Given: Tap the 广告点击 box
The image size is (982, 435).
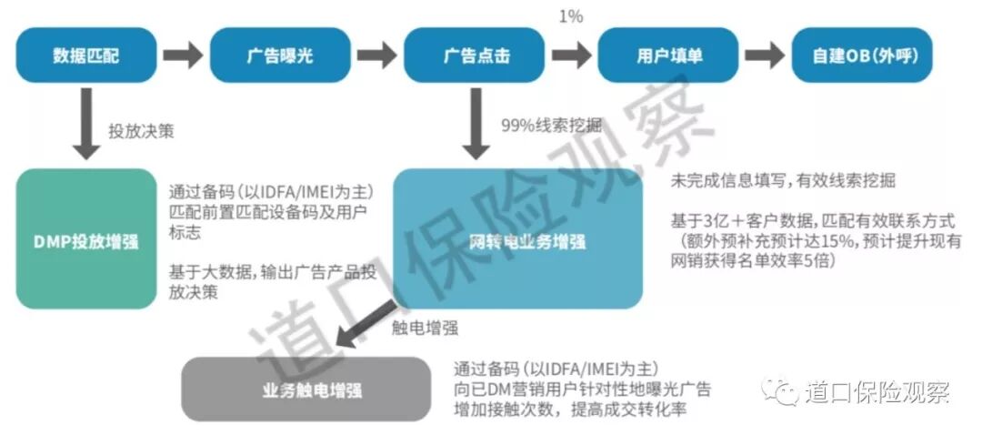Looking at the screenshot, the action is point(476,56).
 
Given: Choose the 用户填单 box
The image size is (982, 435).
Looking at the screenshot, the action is point(669,56).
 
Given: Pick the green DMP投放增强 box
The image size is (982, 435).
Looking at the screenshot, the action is point(86,238).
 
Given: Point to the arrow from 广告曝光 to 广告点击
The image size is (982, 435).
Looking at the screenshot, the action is point(378,56).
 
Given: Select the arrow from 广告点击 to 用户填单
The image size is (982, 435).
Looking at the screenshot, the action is point(571,56).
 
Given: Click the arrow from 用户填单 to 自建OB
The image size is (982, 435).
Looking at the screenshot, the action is point(764,56).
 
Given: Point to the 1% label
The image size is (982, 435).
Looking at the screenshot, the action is point(571,16).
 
